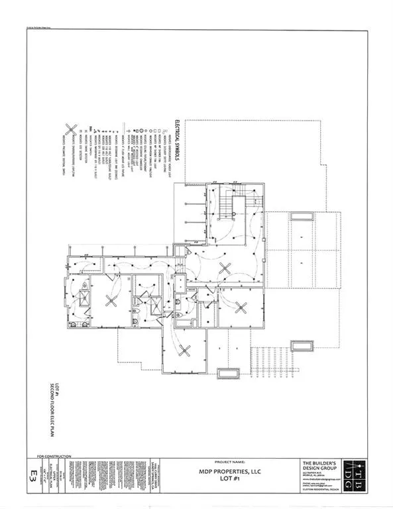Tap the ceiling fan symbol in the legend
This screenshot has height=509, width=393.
pos(69,133)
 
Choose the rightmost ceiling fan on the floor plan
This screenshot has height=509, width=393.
pos(241,306)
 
